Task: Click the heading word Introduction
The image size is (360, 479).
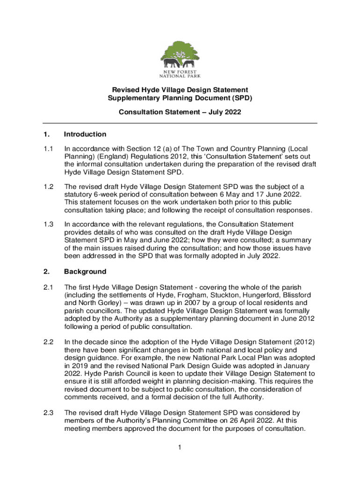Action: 85,135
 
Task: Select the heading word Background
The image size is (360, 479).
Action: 85,272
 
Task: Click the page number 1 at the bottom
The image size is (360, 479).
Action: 180,448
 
